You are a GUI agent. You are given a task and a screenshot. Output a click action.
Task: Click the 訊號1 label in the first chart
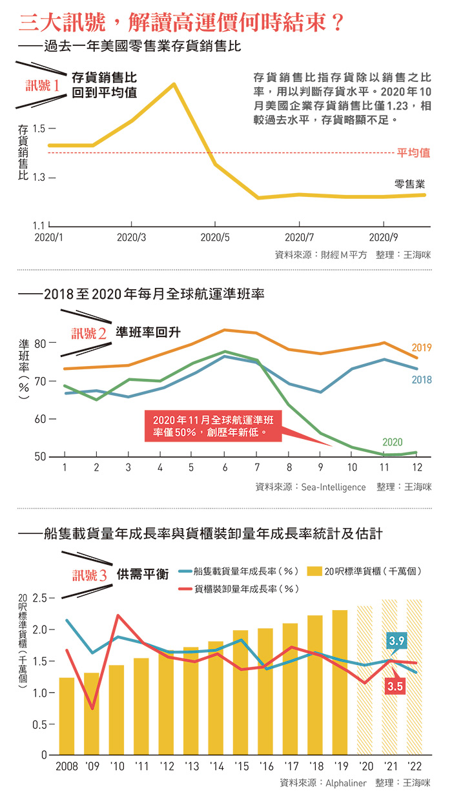[43, 85]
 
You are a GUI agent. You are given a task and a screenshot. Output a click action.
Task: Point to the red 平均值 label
[413, 153]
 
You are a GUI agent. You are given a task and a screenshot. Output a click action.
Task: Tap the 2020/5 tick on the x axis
[215, 237]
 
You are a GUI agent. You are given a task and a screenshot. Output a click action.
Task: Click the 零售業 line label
[409, 184]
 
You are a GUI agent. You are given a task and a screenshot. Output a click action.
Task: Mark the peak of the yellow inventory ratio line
[174, 84]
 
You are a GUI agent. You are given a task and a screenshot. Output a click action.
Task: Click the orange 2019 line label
[421, 348]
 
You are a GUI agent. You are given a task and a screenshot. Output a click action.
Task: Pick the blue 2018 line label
[421, 380]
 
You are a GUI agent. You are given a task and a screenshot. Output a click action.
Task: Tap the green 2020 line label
[392, 442]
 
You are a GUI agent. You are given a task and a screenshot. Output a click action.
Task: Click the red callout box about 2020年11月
[213, 426]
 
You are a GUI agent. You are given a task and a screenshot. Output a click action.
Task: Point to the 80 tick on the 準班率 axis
[41, 343]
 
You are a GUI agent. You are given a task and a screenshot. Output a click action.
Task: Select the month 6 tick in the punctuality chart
[223, 467]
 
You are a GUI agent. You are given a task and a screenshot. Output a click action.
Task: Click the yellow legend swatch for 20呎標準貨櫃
[314, 571]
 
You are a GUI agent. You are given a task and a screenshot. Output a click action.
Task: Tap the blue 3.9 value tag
[396, 640]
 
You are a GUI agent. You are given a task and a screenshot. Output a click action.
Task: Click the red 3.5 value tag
[396, 687]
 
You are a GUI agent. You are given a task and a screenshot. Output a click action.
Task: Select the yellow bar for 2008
[67, 716]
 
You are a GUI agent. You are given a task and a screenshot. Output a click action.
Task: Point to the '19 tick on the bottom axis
[340, 766]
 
